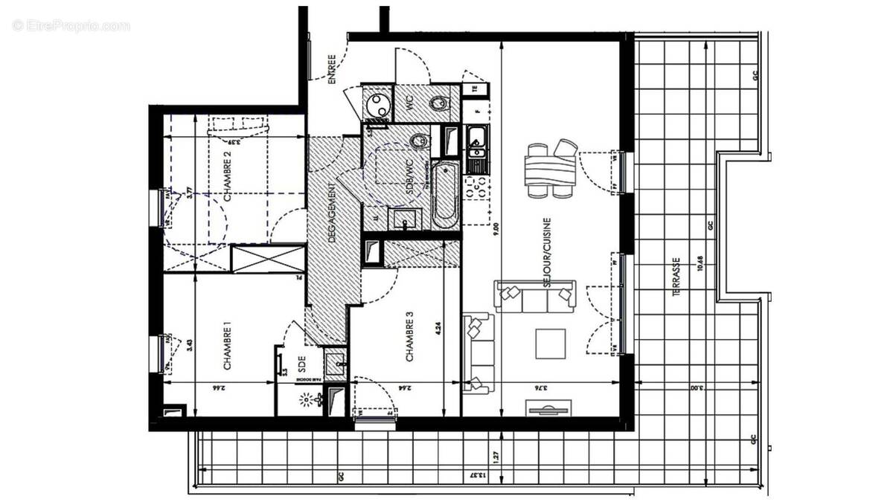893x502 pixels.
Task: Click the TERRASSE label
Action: coord(676,278)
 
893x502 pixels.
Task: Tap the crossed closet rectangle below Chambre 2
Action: coord(268,258)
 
